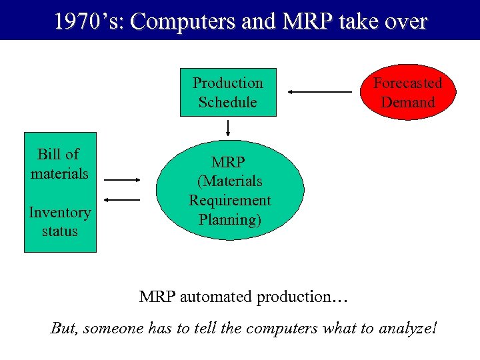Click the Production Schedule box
coord(228,92)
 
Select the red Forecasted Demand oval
coord(408,92)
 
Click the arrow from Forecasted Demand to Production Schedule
coord(319,92)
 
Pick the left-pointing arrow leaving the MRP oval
coord(123,199)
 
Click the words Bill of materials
coord(59,164)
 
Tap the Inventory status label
coord(60,222)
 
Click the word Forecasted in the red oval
coord(408,83)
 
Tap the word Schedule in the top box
coord(227,102)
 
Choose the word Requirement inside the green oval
coord(230,200)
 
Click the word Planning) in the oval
coord(230,219)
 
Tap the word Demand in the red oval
coord(408,102)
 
